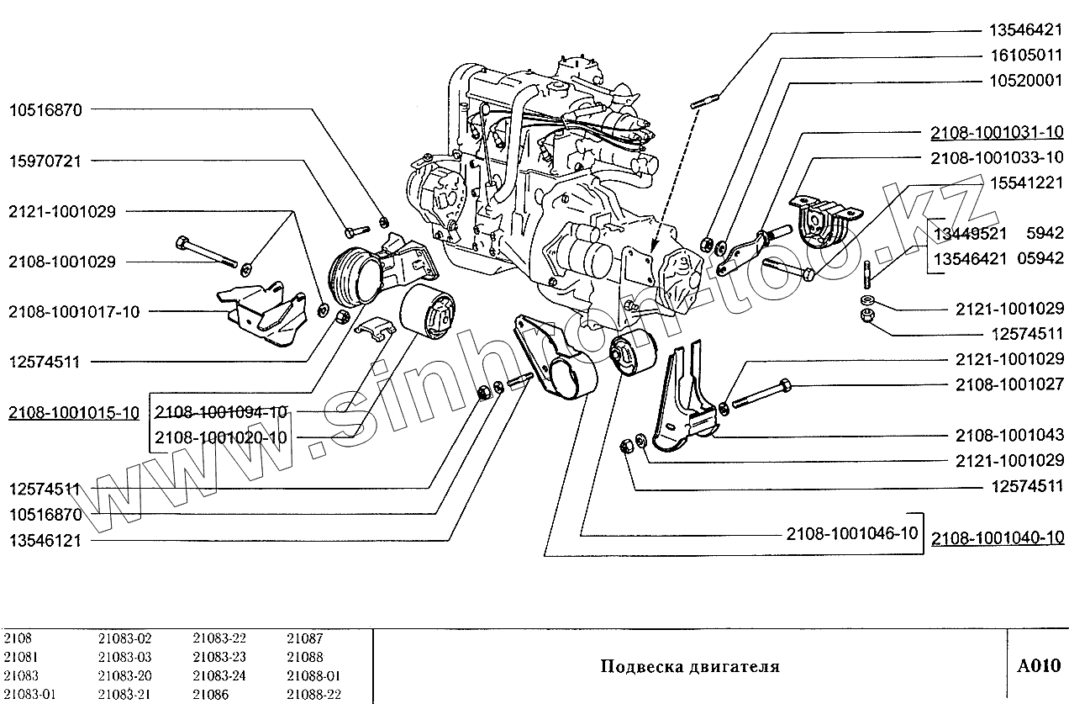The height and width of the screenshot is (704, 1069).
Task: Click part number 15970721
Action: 45,161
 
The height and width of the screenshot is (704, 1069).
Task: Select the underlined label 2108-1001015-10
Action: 74,412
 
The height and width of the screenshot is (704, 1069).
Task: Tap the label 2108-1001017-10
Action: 74,312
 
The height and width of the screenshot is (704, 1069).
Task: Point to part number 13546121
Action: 45,540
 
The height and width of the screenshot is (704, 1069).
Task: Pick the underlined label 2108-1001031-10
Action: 997,132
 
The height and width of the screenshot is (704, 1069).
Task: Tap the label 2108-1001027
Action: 1009,384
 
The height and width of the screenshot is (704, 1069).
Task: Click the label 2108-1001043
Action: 1009,435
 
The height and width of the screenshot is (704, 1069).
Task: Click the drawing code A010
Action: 1039,666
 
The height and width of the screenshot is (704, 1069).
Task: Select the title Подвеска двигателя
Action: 689,667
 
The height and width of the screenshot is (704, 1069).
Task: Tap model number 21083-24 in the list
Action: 219,675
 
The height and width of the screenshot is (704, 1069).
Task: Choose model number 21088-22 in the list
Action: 313,694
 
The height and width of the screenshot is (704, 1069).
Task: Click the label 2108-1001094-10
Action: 220,412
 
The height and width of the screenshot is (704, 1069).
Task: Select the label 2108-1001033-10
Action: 997,157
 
